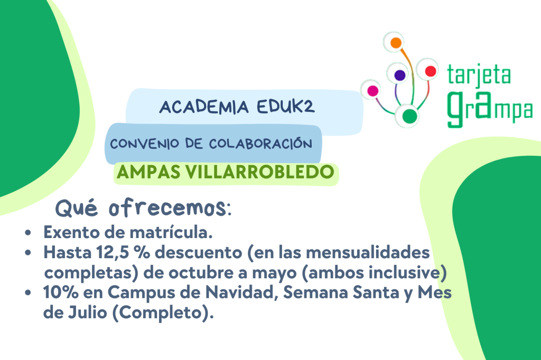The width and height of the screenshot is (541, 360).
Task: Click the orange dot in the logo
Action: click(x=396, y=43)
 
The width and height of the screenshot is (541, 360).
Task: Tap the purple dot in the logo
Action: click(x=399, y=75)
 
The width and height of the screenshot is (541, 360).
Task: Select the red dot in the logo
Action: click(x=430, y=71)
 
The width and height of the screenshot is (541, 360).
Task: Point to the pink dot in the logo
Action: click(x=372, y=91)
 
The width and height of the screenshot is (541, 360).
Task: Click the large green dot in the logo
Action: click(x=409, y=116)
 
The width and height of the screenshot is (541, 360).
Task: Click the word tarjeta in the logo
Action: click(x=479, y=75)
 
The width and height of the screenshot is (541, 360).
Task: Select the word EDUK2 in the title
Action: click(x=286, y=107)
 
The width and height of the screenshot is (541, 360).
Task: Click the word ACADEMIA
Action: click(x=204, y=107)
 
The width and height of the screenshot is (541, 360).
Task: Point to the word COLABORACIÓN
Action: click(x=260, y=144)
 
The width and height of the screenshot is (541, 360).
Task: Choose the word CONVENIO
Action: click(x=145, y=144)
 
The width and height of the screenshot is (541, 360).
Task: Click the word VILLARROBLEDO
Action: click(x=260, y=172)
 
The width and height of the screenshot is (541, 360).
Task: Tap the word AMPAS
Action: click(x=148, y=172)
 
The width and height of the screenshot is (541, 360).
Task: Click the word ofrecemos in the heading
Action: click(x=167, y=208)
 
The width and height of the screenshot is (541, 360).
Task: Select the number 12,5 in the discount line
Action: click(x=113, y=253)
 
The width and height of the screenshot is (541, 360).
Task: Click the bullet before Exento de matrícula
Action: click(x=28, y=233)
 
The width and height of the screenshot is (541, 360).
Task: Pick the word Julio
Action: click(x=87, y=313)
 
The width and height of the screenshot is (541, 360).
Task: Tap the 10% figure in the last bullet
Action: click(x=61, y=292)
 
